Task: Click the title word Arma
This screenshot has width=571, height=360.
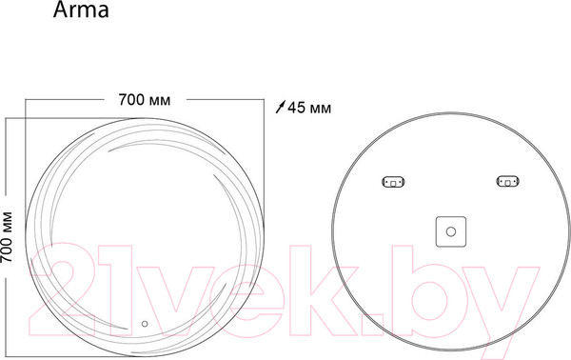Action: [81, 10]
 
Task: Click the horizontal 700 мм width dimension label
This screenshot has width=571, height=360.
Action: [145, 100]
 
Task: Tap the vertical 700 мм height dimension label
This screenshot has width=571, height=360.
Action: [7, 237]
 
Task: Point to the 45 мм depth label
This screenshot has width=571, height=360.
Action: [309, 108]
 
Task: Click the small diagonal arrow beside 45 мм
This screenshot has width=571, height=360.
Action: [280, 107]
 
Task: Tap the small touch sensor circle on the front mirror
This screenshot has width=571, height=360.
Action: [145, 324]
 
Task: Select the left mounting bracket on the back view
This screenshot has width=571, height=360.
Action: [393, 182]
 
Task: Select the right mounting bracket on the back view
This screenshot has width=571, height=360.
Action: [507, 181]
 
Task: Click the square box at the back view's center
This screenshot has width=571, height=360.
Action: [451, 231]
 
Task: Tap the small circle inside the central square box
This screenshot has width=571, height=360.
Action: [451, 231]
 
